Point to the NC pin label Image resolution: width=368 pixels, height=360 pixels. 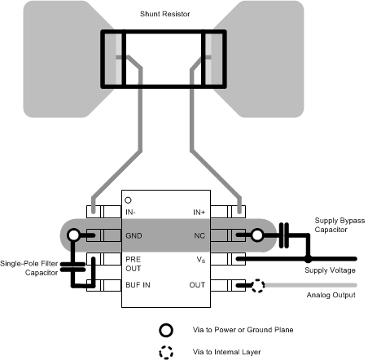point(199,235)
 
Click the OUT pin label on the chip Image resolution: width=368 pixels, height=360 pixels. point(198,285)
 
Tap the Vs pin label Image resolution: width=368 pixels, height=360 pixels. point(200,260)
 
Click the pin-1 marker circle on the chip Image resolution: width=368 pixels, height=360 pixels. point(129,200)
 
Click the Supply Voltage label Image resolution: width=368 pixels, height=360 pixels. point(330,270)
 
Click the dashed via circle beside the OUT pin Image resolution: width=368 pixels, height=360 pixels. point(257,285)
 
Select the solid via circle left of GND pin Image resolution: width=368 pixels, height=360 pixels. point(74,235)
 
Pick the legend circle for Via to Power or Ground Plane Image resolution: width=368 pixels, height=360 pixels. point(166,330)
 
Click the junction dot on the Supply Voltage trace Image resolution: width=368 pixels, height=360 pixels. point(308,260)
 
